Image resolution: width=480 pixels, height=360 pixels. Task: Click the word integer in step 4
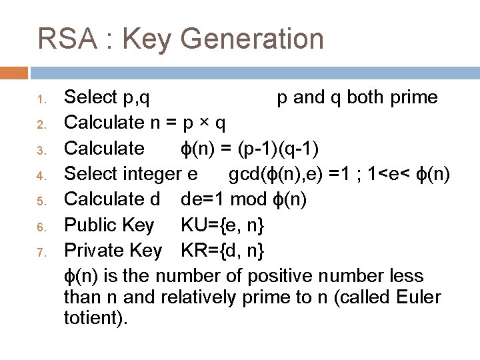(151, 175)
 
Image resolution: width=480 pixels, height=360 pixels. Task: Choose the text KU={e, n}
(222, 225)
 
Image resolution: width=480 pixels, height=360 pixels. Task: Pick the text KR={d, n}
(223, 251)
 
